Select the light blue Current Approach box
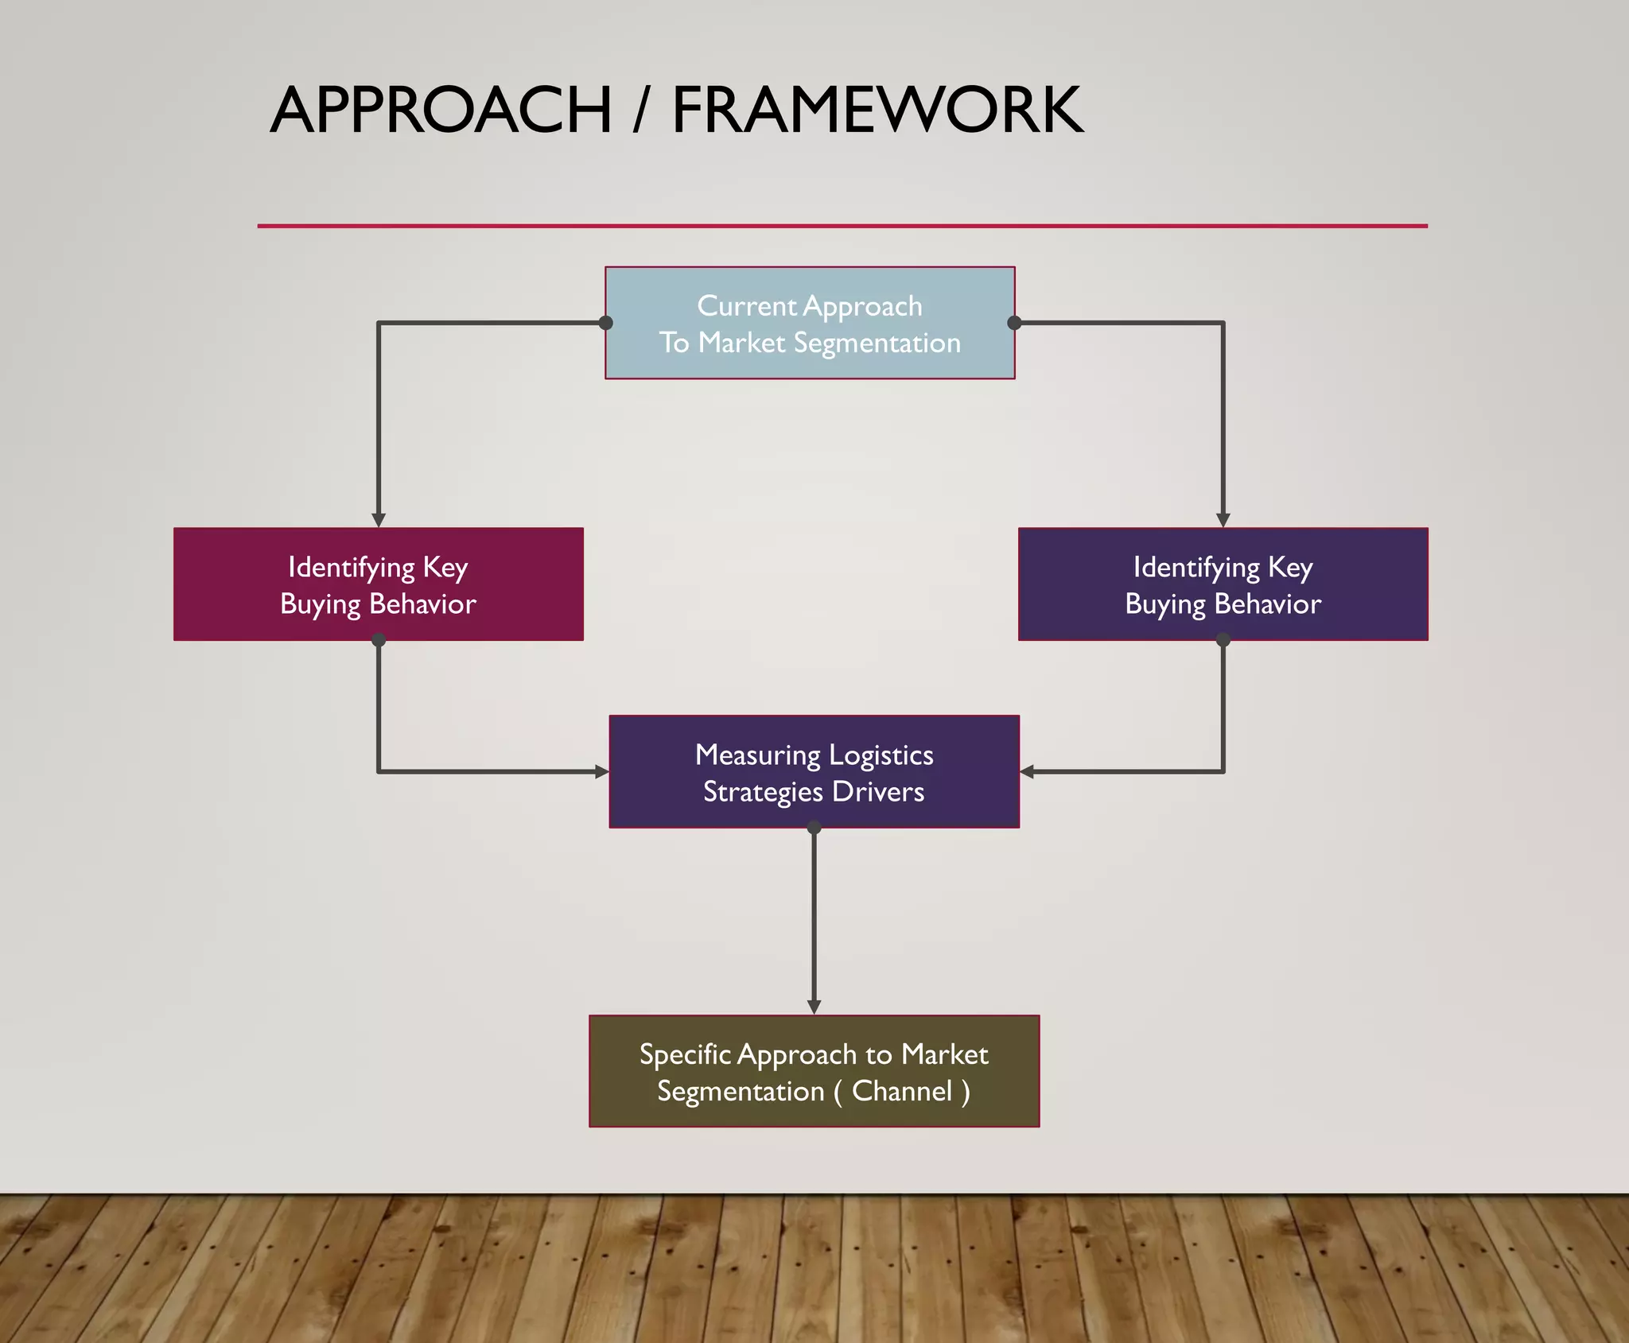click(810, 323)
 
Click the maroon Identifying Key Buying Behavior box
click(379, 584)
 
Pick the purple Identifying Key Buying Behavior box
click(1223, 584)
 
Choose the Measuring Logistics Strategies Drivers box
click(814, 771)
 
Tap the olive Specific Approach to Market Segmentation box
click(814, 1071)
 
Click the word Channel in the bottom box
click(902, 1091)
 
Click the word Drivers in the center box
click(878, 792)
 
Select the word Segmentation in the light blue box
click(877, 343)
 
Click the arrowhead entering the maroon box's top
click(379, 520)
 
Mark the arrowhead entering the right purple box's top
click(1223, 520)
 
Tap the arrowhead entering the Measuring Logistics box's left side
click(602, 771)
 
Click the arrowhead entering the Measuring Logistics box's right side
click(1027, 771)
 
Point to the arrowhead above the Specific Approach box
click(814, 1007)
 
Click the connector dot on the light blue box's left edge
click(606, 323)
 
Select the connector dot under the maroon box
click(379, 640)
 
